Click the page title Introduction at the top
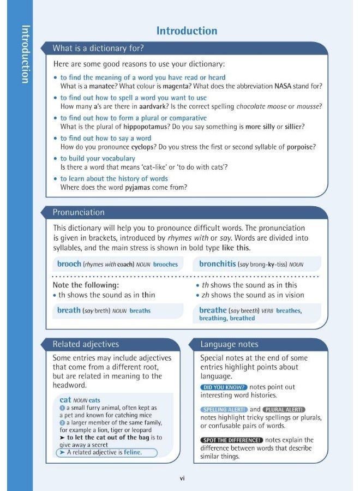point(187,31)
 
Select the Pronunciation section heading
point(79,212)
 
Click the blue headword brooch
point(69,264)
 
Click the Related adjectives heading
point(86,344)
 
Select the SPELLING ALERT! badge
point(224,410)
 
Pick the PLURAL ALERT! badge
point(284,410)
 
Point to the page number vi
point(183,478)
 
